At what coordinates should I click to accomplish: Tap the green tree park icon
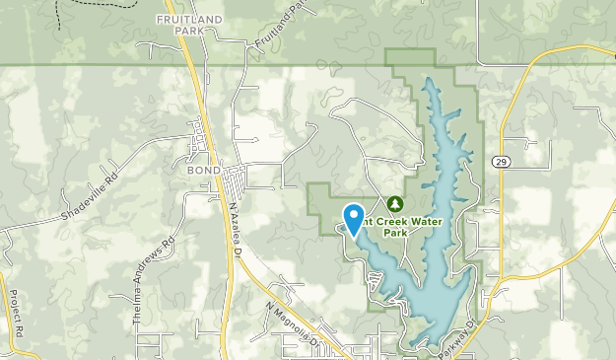point(395,203)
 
